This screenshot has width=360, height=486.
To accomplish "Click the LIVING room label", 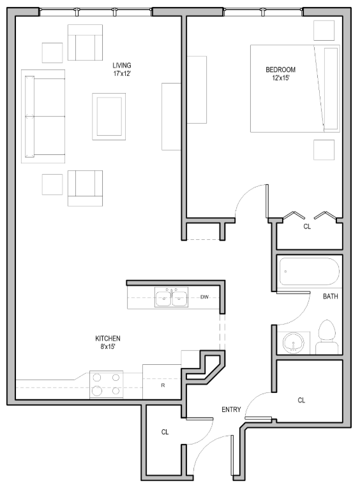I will [x=122, y=65].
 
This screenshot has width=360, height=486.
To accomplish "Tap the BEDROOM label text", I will [x=281, y=70].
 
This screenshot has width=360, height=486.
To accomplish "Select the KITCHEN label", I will [x=108, y=338].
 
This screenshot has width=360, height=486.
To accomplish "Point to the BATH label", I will [x=330, y=297].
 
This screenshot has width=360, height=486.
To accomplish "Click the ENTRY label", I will [x=230, y=409].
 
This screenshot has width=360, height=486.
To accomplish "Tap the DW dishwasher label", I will [x=204, y=297].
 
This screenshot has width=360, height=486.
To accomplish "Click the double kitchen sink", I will [x=171, y=298].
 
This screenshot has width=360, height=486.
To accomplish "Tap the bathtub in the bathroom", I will [x=310, y=272].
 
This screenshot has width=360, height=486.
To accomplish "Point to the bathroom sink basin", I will [x=294, y=342].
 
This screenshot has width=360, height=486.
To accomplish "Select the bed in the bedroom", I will [x=294, y=88].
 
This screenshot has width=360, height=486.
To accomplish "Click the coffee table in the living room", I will [x=109, y=115].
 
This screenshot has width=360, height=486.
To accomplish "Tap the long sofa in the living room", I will [x=44, y=116].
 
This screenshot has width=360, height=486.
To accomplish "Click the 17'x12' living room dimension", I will [x=122, y=74].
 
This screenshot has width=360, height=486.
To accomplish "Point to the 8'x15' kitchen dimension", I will [x=108, y=347].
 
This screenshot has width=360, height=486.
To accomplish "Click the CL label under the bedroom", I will [x=307, y=226].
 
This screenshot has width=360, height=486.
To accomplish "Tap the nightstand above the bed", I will [x=324, y=30].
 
